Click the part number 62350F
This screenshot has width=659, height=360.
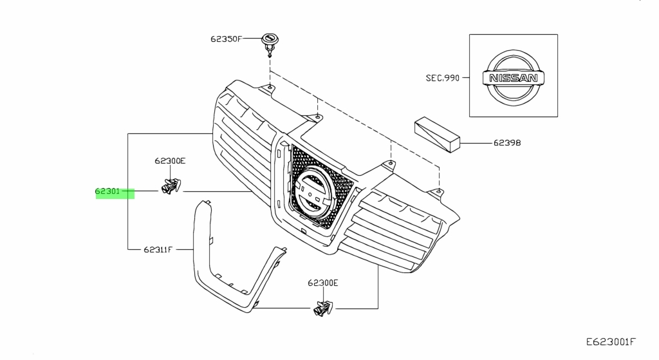225,39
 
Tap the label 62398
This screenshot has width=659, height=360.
507,142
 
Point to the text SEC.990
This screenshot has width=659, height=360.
442,78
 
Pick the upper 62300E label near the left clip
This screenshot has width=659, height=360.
169,160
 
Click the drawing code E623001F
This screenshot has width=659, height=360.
611,341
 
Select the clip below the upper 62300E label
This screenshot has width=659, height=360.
171,187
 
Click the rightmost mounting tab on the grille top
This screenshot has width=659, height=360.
438,191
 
